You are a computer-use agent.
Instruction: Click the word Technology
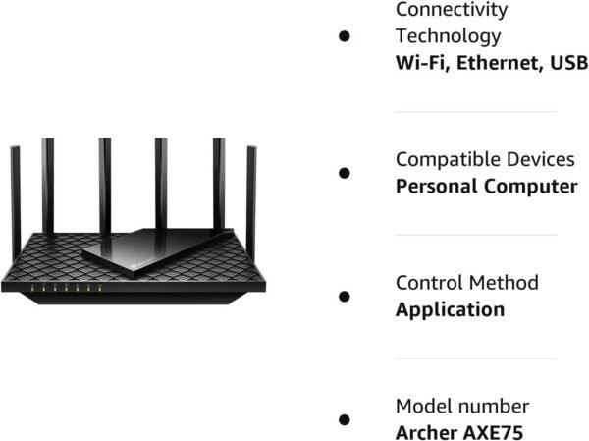[x=448, y=36]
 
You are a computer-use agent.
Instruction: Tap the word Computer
[x=527, y=187]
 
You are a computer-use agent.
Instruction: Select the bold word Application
[x=450, y=309]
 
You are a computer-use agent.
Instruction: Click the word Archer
[x=428, y=432]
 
